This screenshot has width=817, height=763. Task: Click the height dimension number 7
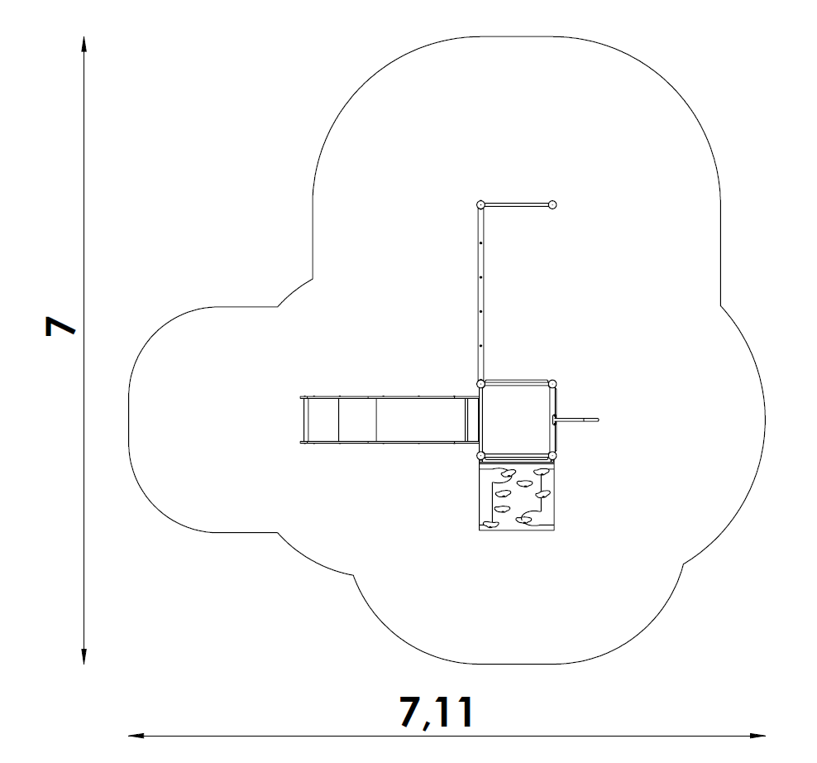[x=60, y=326]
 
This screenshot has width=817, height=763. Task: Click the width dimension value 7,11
[x=437, y=712]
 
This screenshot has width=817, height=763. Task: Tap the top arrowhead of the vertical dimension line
[x=84, y=44]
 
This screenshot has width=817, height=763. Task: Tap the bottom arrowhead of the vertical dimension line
[x=84, y=656]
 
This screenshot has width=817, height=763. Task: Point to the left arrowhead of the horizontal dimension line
[x=136, y=736]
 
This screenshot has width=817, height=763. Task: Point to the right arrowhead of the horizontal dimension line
[x=757, y=736]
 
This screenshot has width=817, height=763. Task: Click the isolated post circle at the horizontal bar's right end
[x=552, y=205]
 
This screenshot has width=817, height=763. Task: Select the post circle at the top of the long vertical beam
[x=481, y=205]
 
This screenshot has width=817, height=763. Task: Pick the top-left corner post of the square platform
[x=481, y=384]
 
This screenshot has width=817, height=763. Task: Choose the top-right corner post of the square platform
[x=552, y=384]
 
